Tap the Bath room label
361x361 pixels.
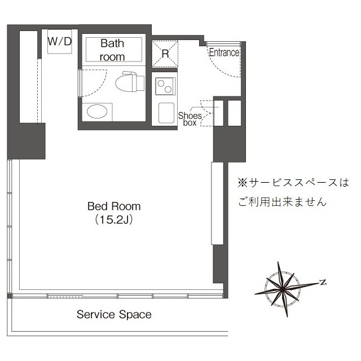(x=113, y=49)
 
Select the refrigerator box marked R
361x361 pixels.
(x=165, y=53)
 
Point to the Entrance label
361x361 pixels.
(x=224, y=52)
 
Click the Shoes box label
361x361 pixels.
(x=190, y=118)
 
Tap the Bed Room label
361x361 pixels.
(x=114, y=206)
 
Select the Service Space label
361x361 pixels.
(x=114, y=314)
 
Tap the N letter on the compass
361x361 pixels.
(x=323, y=282)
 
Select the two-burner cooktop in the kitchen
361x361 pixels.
(x=166, y=87)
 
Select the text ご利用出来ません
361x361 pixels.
(x=282, y=201)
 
